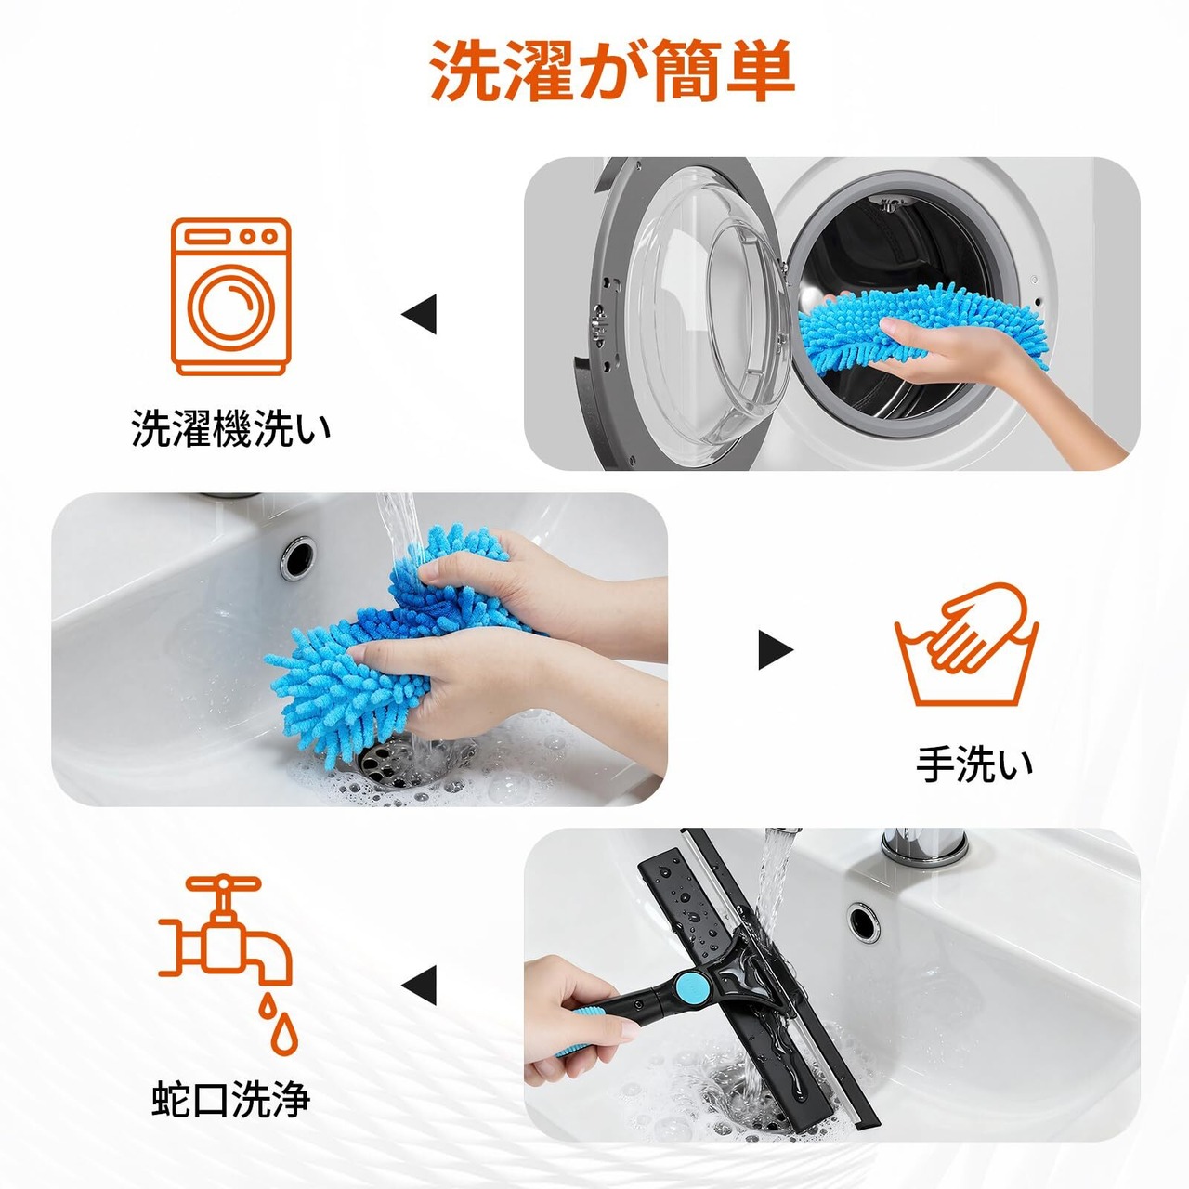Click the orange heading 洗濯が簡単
[611, 71]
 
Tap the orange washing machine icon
[230, 297]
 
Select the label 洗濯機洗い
[230, 427]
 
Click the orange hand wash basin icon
[966, 644]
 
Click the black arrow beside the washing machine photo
[420, 314]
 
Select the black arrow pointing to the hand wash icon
[776, 649]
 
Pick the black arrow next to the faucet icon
[420, 986]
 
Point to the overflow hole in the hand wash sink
[298, 557]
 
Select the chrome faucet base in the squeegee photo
[923, 846]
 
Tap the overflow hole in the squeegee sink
[864, 921]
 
